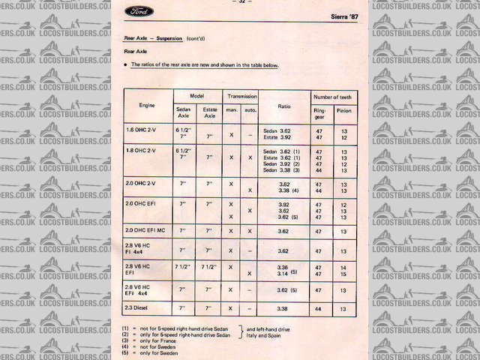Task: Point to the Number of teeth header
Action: [334, 97]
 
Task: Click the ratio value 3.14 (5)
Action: [287, 274]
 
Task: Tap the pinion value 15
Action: [344, 274]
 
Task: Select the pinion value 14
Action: [344, 267]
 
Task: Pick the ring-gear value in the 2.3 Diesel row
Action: [319, 308]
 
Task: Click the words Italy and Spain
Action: [266, 335]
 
